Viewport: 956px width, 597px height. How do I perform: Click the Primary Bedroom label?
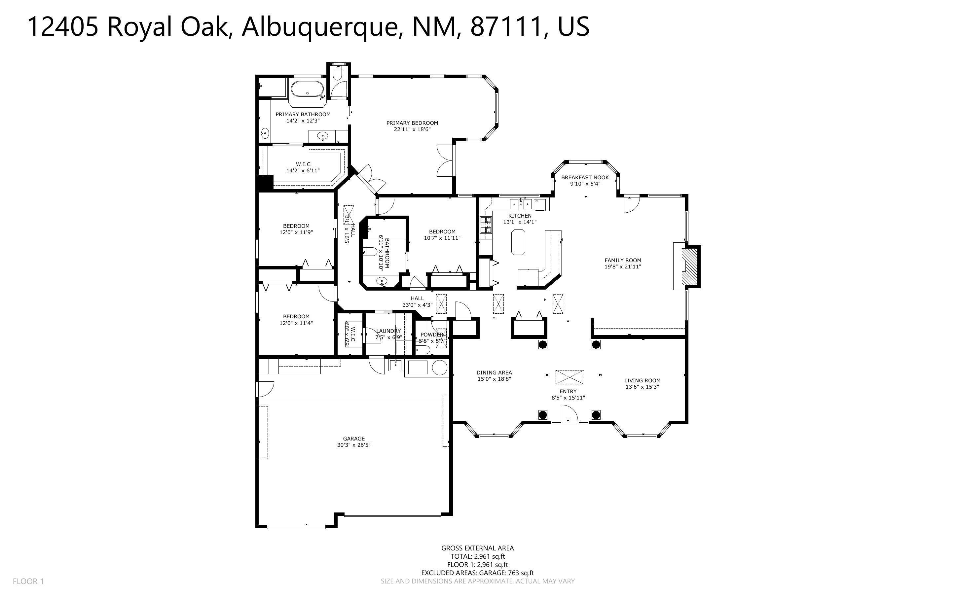click(x=412, y=123)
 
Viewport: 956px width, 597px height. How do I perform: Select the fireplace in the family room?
click(x=691, y=266)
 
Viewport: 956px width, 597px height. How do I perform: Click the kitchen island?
click(x=518, y=243)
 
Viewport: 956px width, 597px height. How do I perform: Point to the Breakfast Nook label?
click(x=585, y=178)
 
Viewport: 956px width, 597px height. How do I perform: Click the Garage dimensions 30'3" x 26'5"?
click(x=351, y=445)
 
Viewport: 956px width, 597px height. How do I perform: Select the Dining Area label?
click(x=494, y=372)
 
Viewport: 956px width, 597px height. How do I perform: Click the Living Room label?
click(x=642, y=381)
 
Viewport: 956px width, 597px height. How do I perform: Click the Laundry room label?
click(x=388, y=331)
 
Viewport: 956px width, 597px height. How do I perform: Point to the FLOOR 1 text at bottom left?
click(x=28, y=581)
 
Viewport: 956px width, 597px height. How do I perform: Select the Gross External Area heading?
click(x=477, y=548)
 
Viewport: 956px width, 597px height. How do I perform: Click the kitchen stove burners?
click(x=486, y=225)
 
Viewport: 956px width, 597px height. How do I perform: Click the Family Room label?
click(x=623, y=260)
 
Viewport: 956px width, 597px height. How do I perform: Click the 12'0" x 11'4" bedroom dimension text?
click(x=296, y=323)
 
